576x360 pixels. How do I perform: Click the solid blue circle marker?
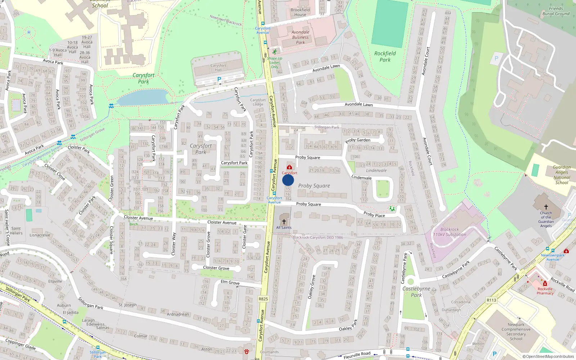click(x=288, y=180)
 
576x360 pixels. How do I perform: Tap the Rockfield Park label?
click(x=385, y=57)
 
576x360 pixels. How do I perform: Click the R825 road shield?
click(x=263, y=299)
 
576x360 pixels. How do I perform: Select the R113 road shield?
click(x=491, y=300)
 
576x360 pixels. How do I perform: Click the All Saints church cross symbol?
click(x=284, y=221)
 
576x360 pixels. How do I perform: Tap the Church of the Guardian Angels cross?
click(x=546, y=207)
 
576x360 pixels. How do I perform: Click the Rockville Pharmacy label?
click(x=545, y=291)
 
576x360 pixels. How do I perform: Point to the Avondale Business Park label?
click(x=300, y=37)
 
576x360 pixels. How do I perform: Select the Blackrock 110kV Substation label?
click(x=450, y=232)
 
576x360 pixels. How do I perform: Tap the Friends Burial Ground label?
click(x=556, y=11)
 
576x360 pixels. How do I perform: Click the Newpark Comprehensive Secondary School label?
click(x=516, y=332)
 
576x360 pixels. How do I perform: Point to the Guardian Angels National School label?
click(x=562, y=175)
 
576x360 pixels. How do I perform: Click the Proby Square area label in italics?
click(x=314, y=186)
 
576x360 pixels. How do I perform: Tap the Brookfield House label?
click(x=300, y=12)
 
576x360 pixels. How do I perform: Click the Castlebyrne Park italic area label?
click(x=416, y=292)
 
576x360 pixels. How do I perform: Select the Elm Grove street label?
click(x=230, y=282)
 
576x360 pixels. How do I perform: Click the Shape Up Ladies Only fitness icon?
click(x=275, y=52)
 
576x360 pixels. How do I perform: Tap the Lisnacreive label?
click(x=40, y=235)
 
